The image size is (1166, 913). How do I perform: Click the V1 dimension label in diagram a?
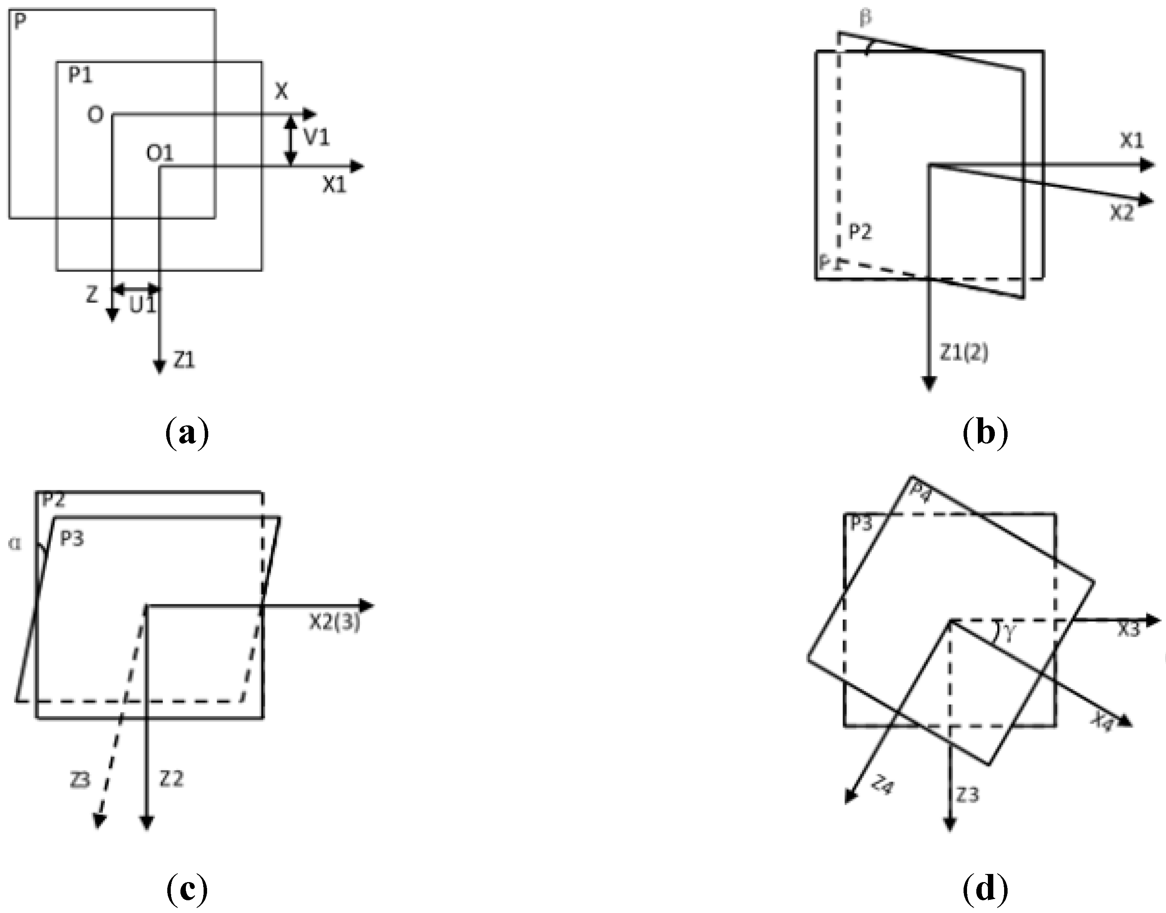coord(316,138)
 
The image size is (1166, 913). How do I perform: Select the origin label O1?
coord(160,153)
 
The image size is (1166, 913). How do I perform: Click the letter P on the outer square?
coord(19,22)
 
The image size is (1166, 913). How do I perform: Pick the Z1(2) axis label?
coord(964,353)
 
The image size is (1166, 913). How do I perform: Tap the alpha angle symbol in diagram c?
coord(15,544)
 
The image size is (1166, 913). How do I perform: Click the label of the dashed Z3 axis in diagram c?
coord(80,780)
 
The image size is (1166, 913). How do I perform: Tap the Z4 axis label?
coord(882,786)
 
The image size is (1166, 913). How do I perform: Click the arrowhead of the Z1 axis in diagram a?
coord(159,368)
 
